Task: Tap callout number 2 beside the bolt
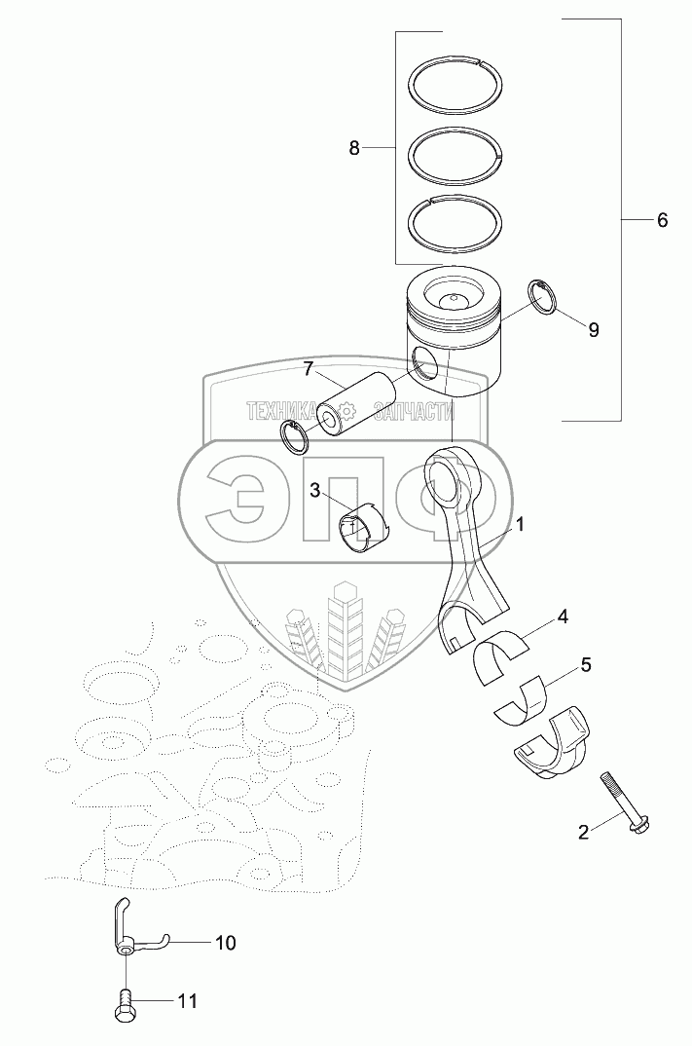[583, 832]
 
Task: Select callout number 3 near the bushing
[314, 490]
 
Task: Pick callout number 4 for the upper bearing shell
[562, 617]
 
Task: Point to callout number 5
[585, 666]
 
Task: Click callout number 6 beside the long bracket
[662, 220]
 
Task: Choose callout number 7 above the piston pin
[307, 368]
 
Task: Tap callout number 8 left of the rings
[354, 148]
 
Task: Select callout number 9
[593, 329]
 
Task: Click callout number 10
[225, 943]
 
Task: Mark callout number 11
[187, 1000]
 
